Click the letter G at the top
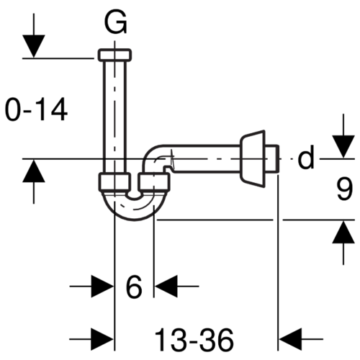pyautogui.click(x=115, y=22)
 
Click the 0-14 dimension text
pyautogui.click(x=36, y=109)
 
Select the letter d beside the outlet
pyautogui.click(x=305, y=157)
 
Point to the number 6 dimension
pyautogui.click(x=134, y=287)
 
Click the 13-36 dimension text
pyautogui.click(x=194, y=340)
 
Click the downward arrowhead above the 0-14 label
pyautogui.click(x=34, y=46)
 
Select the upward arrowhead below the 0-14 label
pyautogui.click(x=34, y=171)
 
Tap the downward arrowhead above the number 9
pyautogui.click(x=343, y=146)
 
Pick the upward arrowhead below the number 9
pyautogui.click(x=343, y=232)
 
